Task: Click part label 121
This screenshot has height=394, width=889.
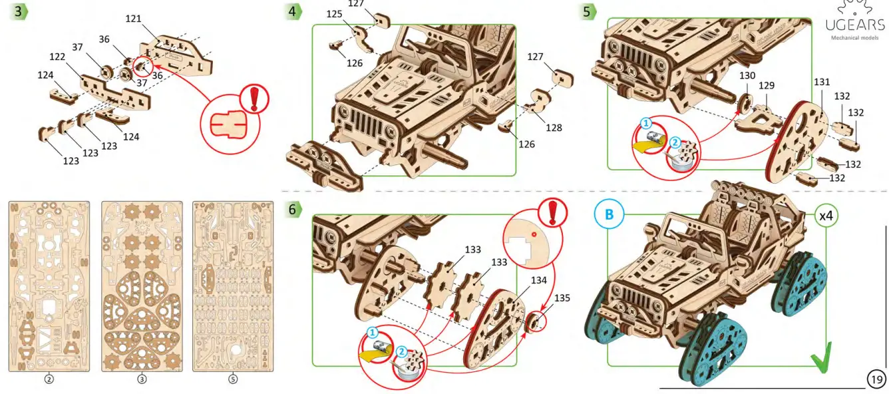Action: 134,19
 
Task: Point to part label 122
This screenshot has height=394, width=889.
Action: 57,57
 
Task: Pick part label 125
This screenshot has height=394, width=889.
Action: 334,13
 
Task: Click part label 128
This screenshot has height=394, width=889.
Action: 554,127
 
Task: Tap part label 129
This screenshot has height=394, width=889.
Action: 767,86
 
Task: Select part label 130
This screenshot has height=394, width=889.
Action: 747,76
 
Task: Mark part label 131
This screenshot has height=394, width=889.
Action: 822,83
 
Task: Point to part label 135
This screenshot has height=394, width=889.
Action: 562,298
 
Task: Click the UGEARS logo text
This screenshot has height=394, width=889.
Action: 854,25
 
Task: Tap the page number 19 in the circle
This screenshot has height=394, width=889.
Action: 877,379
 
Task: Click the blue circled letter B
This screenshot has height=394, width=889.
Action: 609,215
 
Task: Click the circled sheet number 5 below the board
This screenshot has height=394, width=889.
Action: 233,379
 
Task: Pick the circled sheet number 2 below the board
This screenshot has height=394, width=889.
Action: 49,379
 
